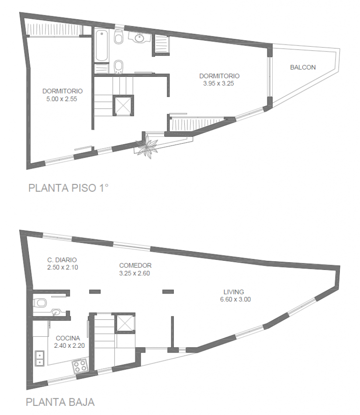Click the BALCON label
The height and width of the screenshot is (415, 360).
(x=302, y=67)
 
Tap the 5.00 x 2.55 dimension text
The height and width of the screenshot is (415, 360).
(x=62, y=99)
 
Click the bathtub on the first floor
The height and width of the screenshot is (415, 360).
(x=101, y=45)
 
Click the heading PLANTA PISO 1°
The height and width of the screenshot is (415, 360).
(x=68, y=188)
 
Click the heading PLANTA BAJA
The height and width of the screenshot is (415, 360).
(x=60, y=401)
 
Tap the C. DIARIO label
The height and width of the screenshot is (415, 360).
(x=62, y=260)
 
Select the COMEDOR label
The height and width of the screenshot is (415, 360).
(x=135, y=265)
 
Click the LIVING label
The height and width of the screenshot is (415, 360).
(x=234, y=292)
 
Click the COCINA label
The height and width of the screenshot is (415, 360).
(x=67, y=338)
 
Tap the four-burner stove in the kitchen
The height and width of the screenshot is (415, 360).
(x=81, y=366)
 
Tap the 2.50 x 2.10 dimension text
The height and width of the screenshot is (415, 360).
(x=62, y=267)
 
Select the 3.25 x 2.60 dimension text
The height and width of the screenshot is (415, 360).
(x=135, y=273)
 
